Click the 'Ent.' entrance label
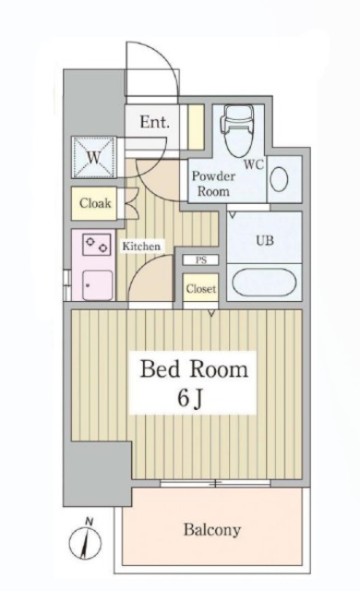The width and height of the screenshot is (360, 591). tap(152, 121)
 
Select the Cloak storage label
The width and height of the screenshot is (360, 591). tap(95, 203)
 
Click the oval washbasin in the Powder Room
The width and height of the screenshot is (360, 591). tap(279, 178)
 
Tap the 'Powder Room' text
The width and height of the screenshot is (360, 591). tap(212, 182)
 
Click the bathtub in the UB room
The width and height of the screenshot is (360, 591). tap(264, 280)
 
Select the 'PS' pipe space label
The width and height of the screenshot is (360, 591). tap(200, 260)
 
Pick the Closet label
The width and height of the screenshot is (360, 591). tap(200, 289)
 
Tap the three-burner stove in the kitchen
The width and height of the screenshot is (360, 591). tap(95, 246)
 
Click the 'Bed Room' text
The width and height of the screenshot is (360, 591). tap(194, 370)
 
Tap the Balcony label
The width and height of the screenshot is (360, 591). tap(211, 530)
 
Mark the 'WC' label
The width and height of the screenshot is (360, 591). tap(255, 165)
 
